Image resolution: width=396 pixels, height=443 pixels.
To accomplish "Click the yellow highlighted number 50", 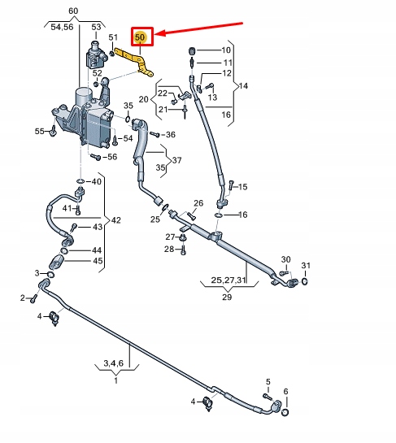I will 141,37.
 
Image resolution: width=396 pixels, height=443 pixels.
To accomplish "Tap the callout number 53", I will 96,28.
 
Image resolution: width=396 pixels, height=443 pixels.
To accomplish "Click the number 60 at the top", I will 73,10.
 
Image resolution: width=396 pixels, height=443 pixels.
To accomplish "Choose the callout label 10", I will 226,50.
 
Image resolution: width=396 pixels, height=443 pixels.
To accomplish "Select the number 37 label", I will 176,160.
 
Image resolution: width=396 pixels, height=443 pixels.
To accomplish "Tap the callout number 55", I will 40,131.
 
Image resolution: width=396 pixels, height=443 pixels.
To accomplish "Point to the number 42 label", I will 115,220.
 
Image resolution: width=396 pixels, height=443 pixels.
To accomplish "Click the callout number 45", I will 97,261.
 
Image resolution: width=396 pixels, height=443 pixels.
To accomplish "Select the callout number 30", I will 285,259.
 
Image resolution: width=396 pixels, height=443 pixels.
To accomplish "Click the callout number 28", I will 168,249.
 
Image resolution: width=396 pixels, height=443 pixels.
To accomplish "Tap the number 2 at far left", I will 23,299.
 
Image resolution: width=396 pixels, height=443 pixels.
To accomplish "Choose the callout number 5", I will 268,381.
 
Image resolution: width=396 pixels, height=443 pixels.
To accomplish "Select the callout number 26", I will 198,203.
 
